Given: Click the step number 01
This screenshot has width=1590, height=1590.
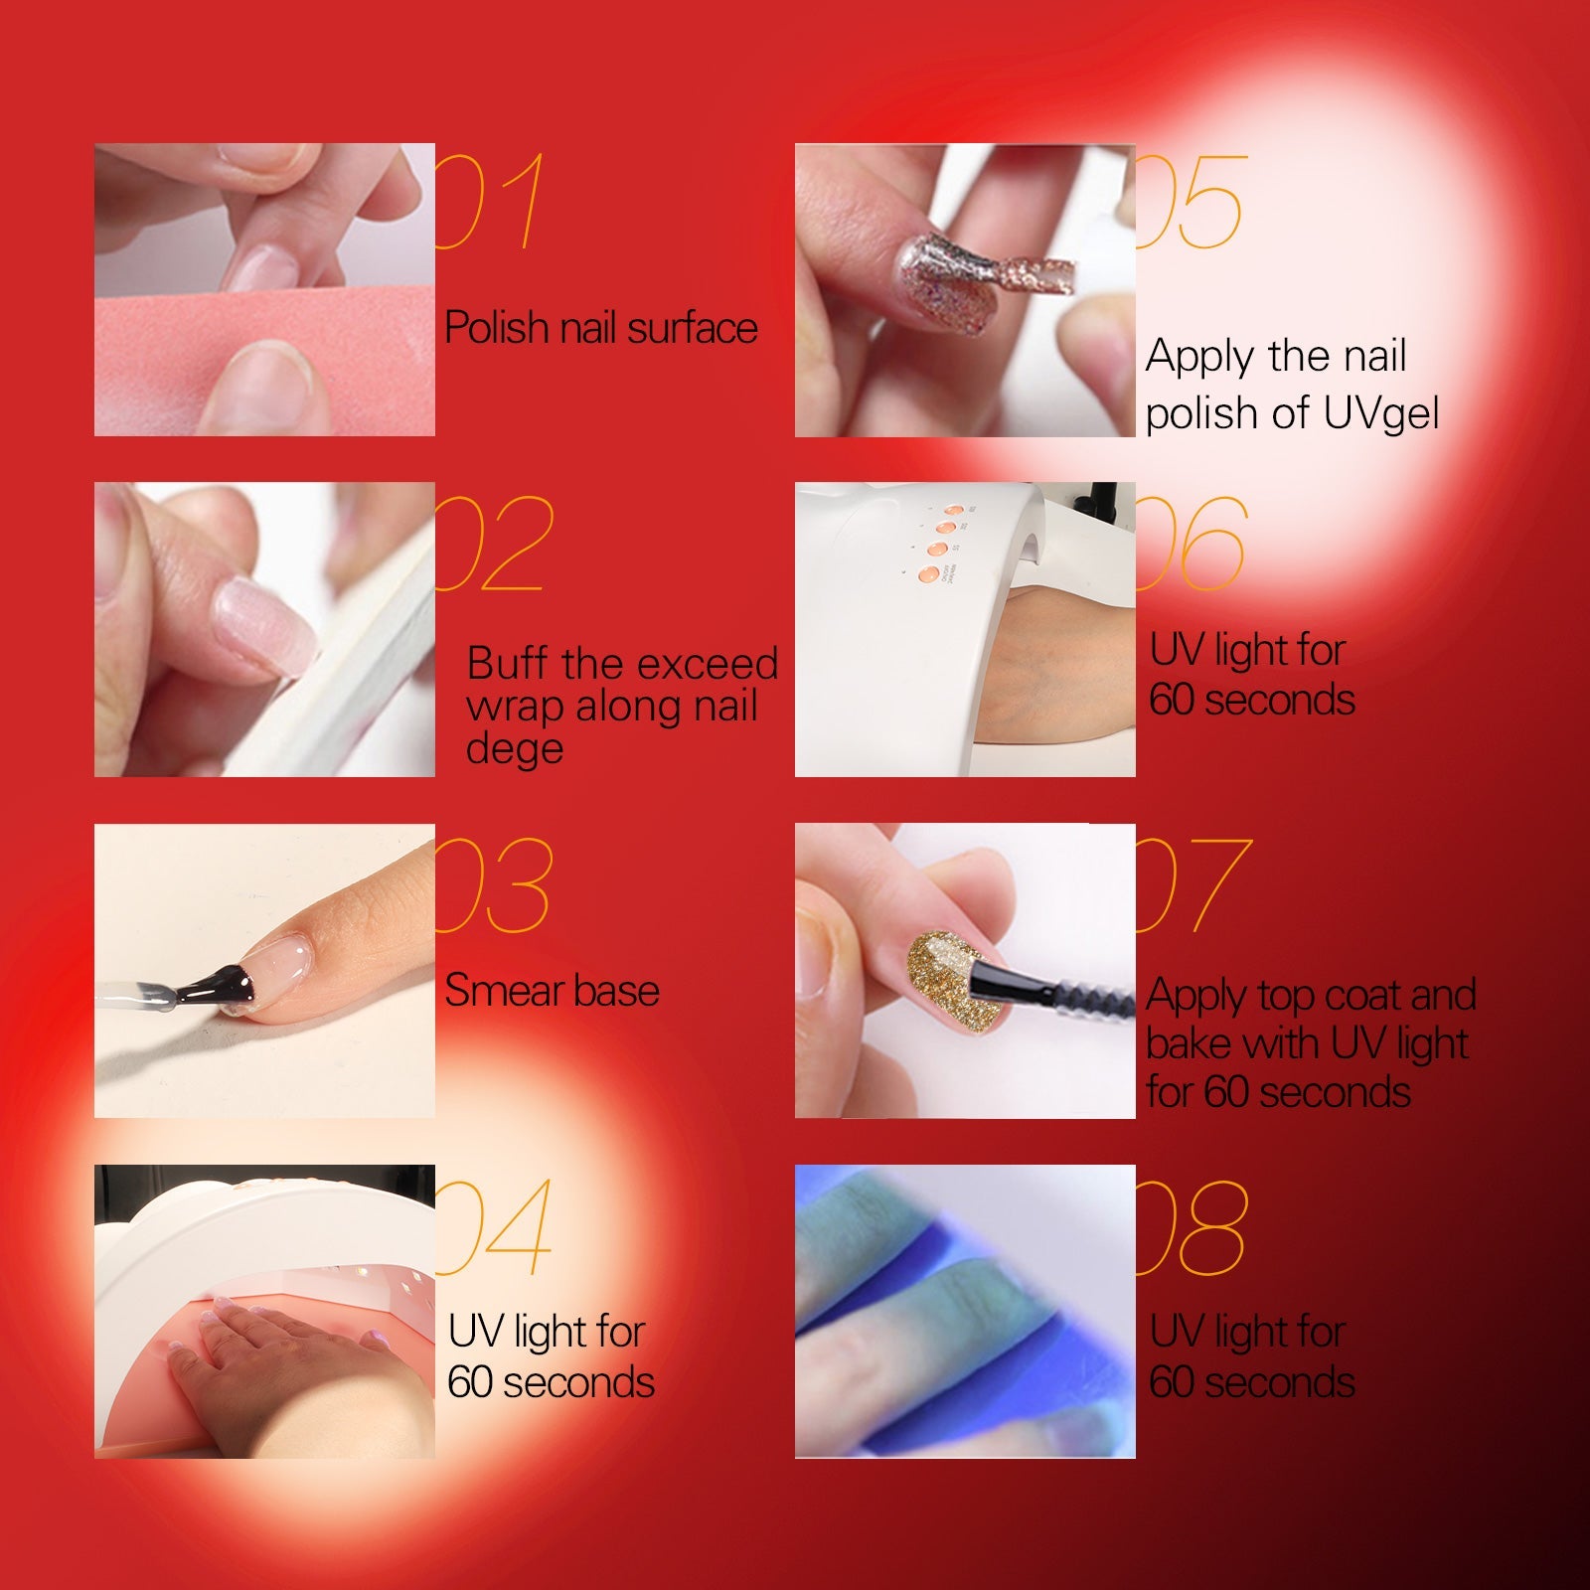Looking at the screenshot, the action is [490, 201].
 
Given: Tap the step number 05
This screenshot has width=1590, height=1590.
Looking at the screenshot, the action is [1190, 202].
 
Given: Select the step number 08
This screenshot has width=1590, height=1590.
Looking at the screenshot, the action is [1191, 1228].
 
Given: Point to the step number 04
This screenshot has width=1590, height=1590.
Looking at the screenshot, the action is [493, 1227].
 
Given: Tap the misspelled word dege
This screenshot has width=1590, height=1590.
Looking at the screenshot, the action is [515, 748].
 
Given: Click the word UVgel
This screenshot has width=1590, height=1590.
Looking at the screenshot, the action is [1381, 414].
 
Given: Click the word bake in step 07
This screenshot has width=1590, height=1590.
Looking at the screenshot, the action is [1189, 1043].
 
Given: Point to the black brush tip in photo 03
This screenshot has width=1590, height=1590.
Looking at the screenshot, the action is [209, 985].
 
